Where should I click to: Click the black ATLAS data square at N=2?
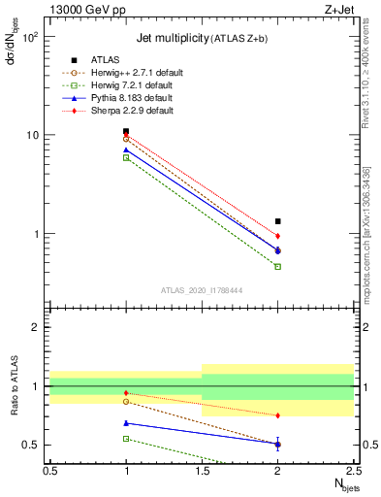tap(278, 221)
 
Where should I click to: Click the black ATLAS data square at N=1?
tap(126, 131)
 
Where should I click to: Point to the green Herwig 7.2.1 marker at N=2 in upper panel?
tap(278, 266)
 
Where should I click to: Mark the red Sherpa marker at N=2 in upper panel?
tap(278, 236)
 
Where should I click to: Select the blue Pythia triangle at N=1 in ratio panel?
tap(126, 423)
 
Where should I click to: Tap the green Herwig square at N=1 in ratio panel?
tap(126, 439)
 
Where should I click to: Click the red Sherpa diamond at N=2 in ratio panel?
tap(278, 415)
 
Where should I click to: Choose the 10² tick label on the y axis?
tap(28, 37)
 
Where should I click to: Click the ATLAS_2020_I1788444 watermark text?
tap(202, 290)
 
